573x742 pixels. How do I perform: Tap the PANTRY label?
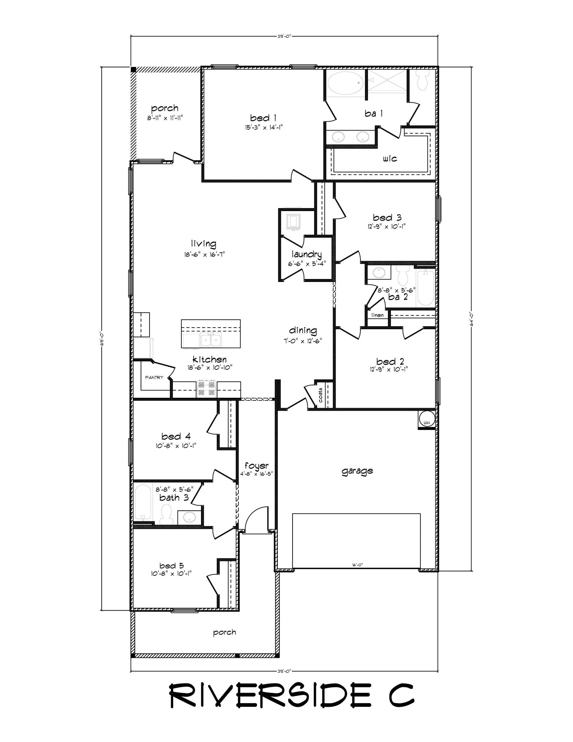click(x=154, y=377)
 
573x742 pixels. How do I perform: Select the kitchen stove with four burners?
click(x=207, y=388)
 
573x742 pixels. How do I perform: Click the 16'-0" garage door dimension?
click(x=357, y=565)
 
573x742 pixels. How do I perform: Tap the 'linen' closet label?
click(x=377, y=315)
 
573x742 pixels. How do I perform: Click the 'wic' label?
click(x=390, y=159)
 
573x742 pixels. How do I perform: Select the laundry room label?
click(x=306, y=255)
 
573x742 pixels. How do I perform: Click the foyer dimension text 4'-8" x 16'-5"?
click(x=256, y=473)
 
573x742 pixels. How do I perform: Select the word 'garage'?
click(x=357, y=471)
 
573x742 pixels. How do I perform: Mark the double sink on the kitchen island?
click(x=210, y=339)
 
